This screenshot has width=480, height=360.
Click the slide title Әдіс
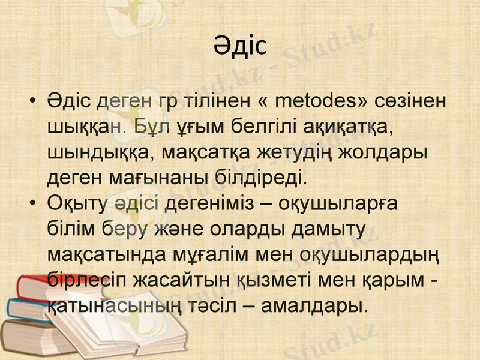[x=239, y=46]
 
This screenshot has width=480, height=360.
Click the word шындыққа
[x=94, y=152]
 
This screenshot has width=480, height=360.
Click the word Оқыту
[x=76, y=204]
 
